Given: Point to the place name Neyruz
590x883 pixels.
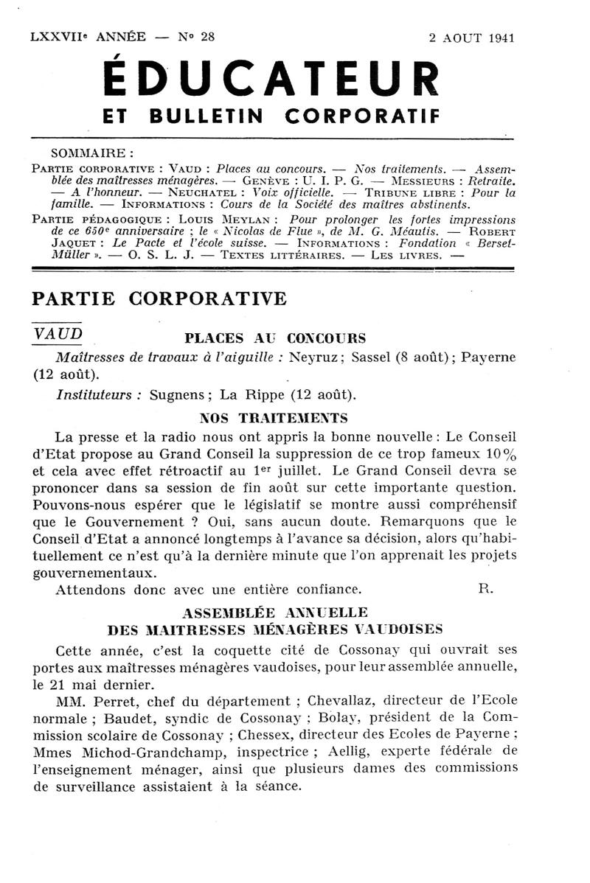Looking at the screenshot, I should click(315, 357).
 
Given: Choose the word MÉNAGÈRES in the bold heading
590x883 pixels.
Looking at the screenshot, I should click(299, 629).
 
